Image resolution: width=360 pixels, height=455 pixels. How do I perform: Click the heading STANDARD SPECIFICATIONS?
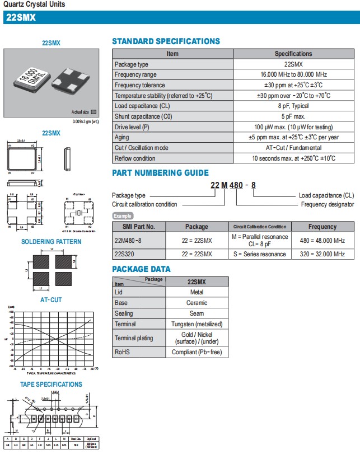[166, 41]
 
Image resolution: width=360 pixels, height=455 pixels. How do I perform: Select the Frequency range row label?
[135, 75]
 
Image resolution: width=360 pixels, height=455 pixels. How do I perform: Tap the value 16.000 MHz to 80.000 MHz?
[293, 75]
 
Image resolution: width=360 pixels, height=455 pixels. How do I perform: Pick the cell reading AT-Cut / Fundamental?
[293, 148]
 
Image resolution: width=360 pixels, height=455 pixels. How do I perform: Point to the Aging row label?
[121, 138]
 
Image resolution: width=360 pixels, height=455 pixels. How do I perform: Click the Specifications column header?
[293, 54]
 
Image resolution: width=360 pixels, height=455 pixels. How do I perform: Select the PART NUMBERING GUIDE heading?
[160, 173]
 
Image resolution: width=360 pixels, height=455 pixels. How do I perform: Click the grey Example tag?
[123, 215]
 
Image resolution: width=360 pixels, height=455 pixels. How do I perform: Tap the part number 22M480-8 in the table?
[128, 240]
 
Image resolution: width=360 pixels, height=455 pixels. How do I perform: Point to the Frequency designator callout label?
[327, 204]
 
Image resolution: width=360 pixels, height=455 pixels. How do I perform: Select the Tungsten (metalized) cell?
[197, 324]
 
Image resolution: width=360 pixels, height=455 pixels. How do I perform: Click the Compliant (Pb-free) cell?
[197, 353]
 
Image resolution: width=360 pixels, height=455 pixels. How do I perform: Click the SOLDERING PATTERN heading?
[51, 242]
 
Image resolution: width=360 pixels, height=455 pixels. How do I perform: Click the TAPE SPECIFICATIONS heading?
[51, 384]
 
